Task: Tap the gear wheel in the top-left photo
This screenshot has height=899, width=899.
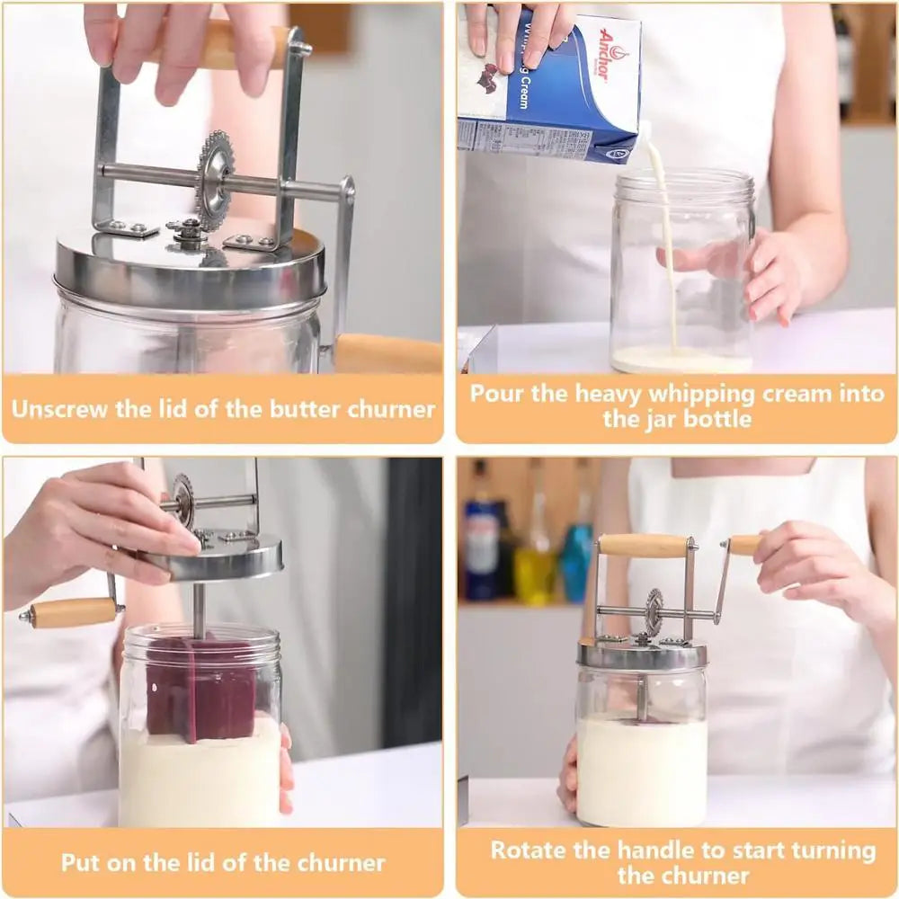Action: point(215,179)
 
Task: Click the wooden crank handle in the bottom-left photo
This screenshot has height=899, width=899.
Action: point(73,613)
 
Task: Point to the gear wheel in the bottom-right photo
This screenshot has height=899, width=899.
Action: point(654,611)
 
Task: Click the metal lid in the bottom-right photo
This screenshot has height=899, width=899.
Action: point(642,655)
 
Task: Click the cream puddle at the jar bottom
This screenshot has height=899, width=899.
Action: point(681,361)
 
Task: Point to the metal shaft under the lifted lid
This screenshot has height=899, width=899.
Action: point(199,607)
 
